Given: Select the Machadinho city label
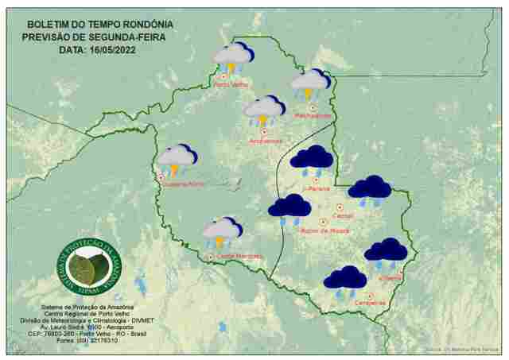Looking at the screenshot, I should coord(313,115).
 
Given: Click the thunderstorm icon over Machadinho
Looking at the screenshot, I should coord(310,83).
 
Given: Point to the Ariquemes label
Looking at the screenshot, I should coord(266,141).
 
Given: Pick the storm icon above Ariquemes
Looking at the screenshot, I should coord(264,110).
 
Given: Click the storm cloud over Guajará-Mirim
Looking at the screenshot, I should coord(177,159).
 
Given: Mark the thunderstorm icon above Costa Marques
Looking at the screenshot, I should coord(221,232).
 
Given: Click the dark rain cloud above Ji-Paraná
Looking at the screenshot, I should coord(311,160).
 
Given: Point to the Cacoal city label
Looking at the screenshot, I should coord(344,215).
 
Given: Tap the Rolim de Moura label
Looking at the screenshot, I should coord(324,230).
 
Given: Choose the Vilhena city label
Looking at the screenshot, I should coord(390,277).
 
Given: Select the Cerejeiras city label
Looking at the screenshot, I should coord(370,302).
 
